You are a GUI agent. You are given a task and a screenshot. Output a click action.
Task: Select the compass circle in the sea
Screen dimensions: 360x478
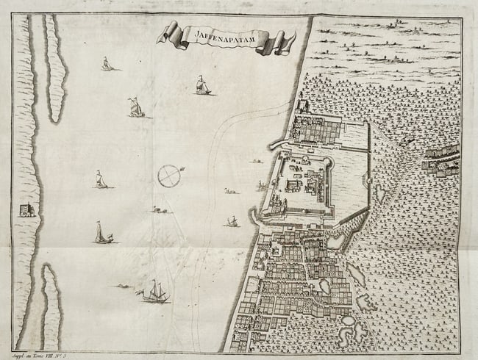point(169,176)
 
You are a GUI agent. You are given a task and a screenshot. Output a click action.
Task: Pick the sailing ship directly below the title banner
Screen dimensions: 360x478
point(202,86)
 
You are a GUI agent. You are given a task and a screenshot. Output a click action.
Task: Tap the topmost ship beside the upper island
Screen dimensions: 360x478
point(107,64)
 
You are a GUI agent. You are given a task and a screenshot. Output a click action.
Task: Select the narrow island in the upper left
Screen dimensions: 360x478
point(56,70)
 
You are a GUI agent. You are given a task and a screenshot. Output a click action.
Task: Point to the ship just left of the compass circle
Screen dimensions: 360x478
point(101,179)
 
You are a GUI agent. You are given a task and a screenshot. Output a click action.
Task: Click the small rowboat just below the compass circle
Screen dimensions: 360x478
point(159,210)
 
